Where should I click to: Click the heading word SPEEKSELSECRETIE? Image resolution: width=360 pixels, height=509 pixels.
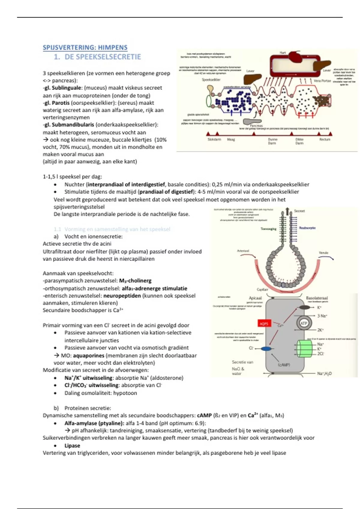coord(103,57)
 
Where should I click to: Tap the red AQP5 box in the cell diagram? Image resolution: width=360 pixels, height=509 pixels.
coord(264,323)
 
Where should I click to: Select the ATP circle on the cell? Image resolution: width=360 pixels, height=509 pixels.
coord(304,323)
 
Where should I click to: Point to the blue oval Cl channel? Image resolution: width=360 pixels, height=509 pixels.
coord(266,349)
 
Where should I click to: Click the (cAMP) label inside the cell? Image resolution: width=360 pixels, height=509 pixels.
coord(283,365)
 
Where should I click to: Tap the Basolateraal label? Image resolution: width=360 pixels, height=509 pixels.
coord(317,298)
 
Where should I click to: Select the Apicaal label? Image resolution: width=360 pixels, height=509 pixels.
coord(255,298)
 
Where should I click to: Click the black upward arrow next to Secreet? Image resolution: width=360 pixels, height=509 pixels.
coord(288,211)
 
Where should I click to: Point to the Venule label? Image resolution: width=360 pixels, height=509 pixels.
coord(323,253)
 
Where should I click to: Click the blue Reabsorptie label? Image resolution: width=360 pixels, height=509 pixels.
coord(307,228)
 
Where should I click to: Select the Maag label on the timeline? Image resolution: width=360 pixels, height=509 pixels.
coord(231,139)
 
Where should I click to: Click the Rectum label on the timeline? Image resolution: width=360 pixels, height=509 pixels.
coord(325,139)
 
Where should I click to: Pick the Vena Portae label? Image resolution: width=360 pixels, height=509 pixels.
coord(322,81)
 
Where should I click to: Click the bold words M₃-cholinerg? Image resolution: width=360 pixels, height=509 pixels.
coord(135,281)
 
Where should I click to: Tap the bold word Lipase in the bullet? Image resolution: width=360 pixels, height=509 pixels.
coord(72,446)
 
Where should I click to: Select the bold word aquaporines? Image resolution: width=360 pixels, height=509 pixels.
coord(88,355)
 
